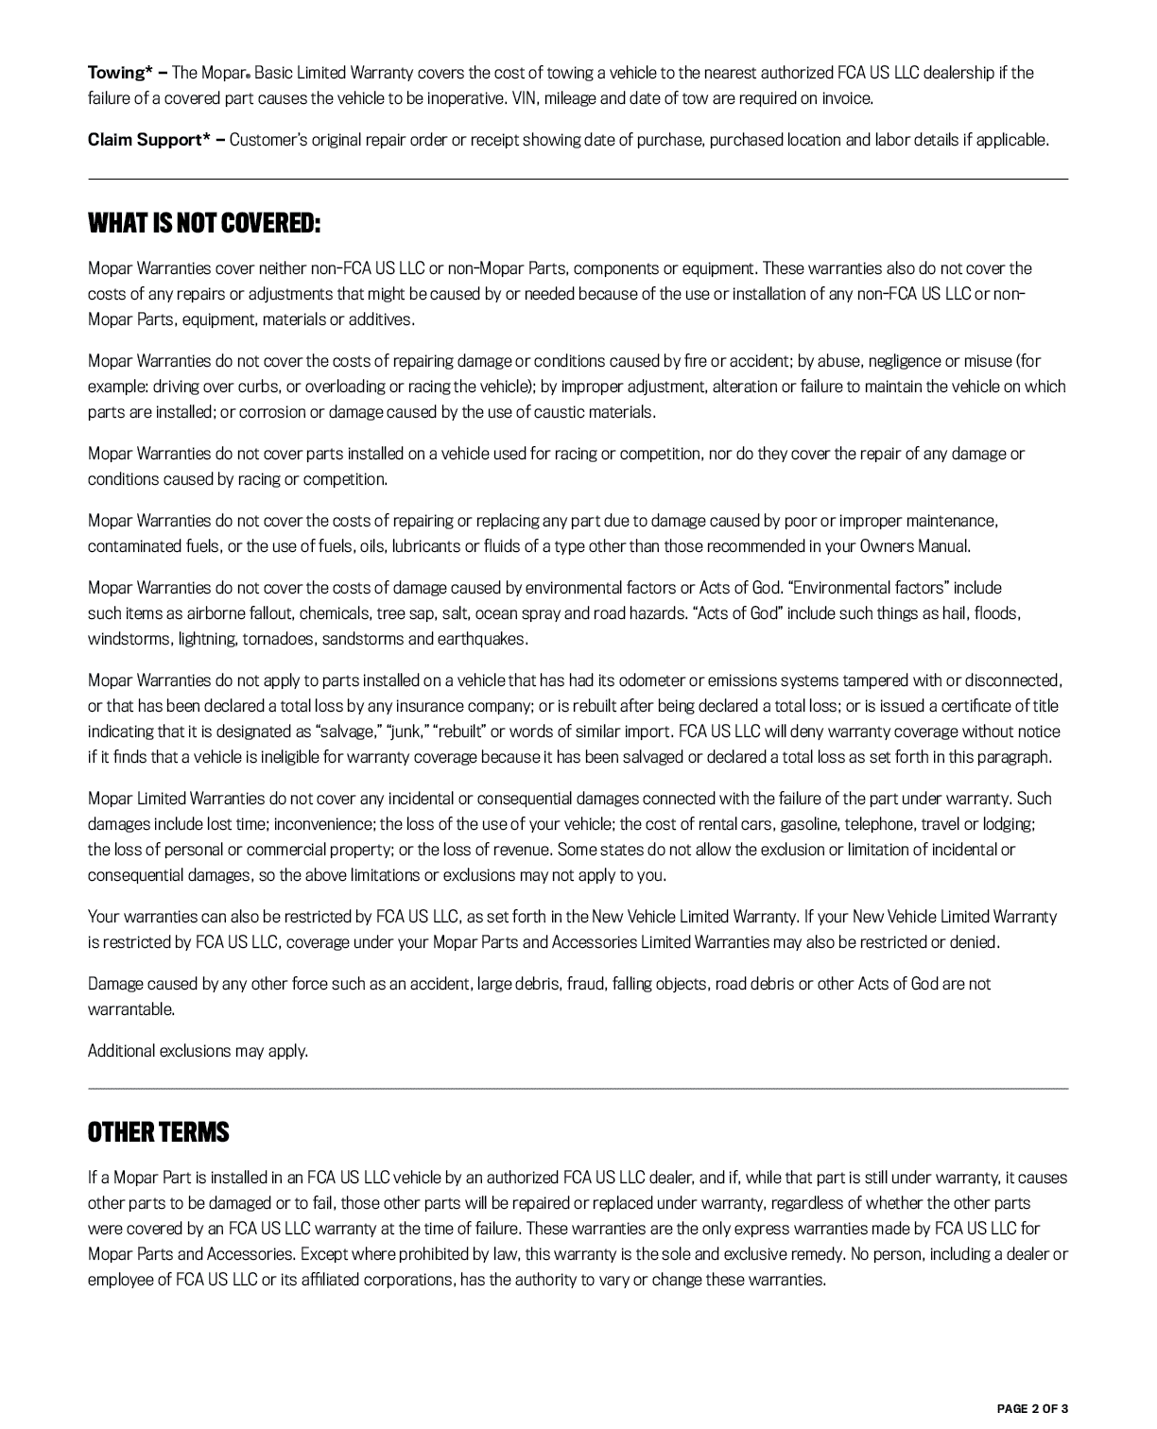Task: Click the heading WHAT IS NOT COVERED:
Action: [204, 224]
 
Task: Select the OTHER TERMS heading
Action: [159, 1132]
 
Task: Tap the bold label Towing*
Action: [121, 73]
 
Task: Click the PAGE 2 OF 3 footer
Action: [1032, 1408]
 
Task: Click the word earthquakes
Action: [481, 639]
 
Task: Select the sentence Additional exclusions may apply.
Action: [198, 1051]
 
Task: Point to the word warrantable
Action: [130, 1009]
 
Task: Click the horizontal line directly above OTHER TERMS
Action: [578, 1089]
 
